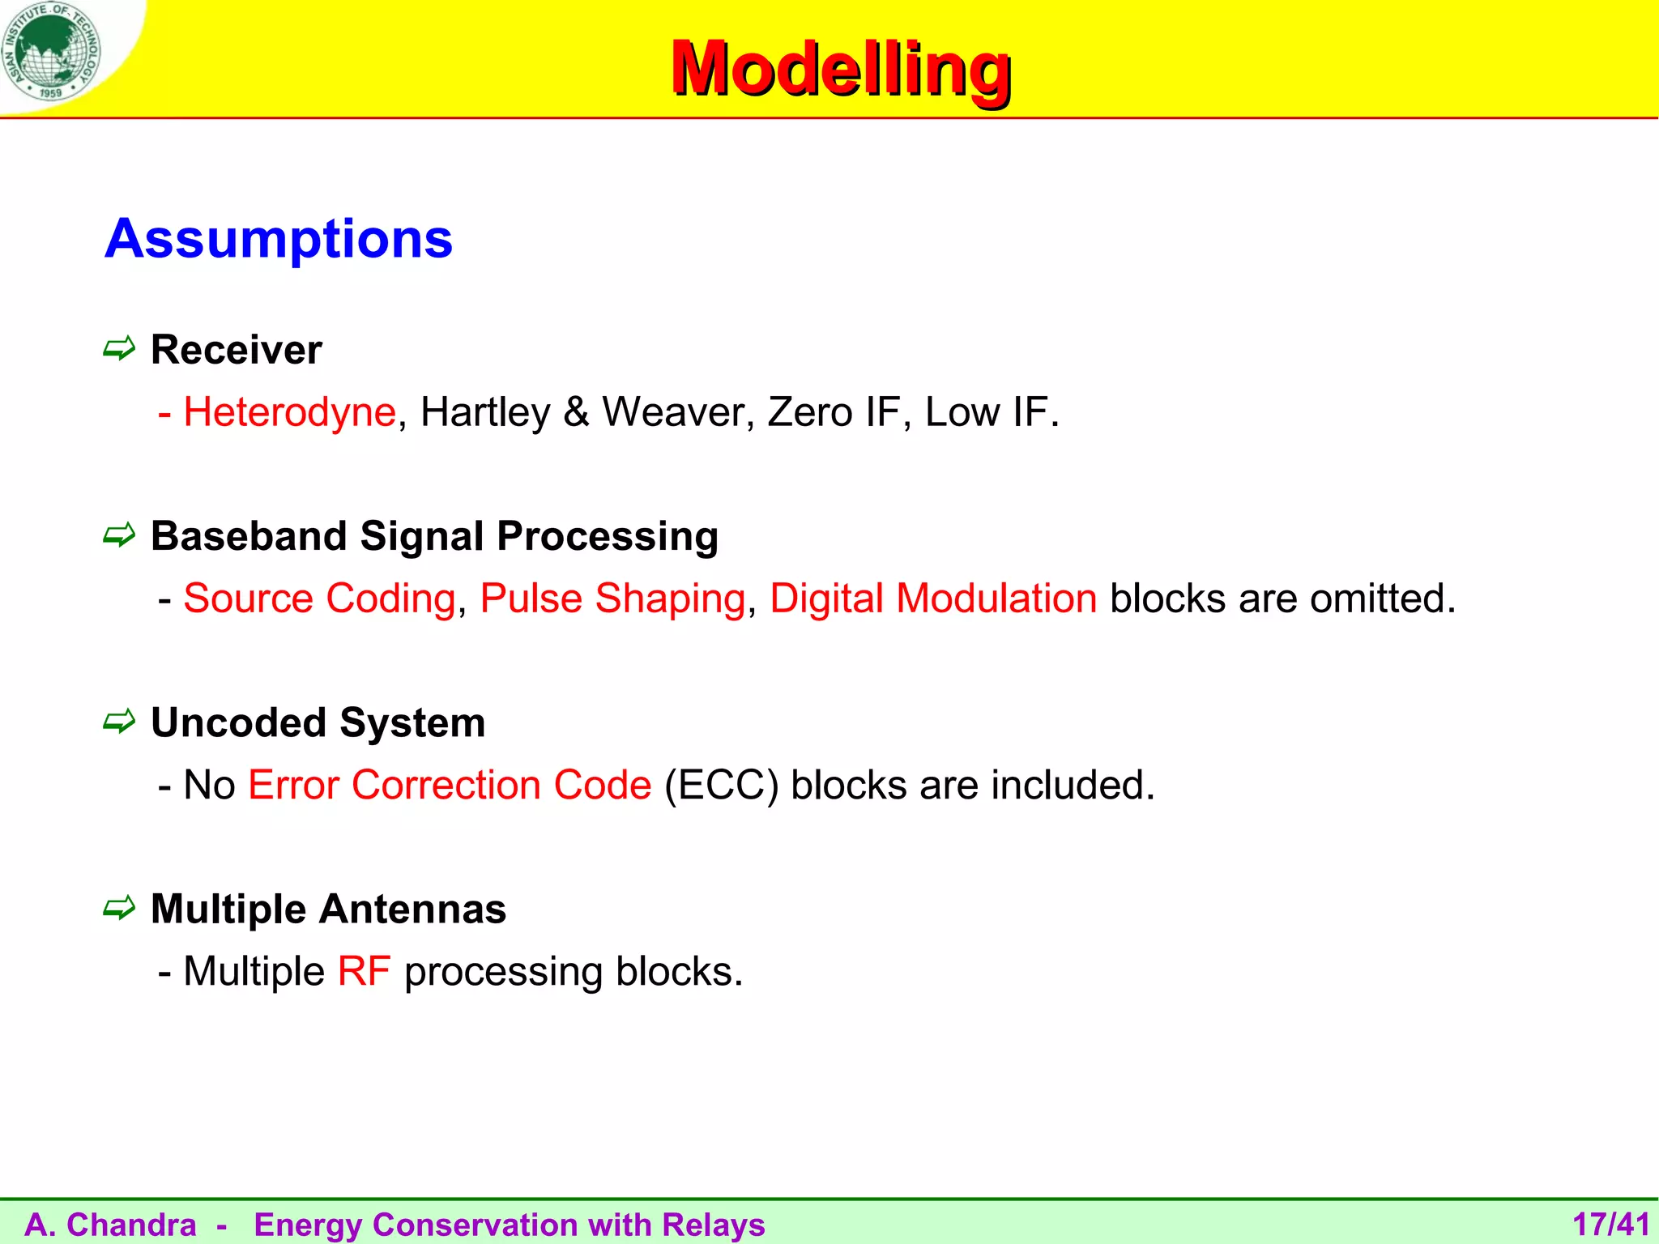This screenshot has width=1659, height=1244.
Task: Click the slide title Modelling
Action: coord(840,70)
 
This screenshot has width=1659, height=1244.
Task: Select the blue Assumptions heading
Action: coord(279,239)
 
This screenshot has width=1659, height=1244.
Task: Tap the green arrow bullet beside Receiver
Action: coord(119,349)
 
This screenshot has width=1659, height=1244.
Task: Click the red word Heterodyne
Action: coord(289,412)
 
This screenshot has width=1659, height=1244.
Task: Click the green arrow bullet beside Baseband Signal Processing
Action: coord(119,535)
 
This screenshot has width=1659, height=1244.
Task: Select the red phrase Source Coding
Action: coord(319,599)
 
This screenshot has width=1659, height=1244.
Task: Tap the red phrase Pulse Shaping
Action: coord(612,599)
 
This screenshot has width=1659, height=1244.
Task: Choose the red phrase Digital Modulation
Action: coord(933,599)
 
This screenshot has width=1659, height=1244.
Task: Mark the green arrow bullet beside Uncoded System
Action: coord(119,722)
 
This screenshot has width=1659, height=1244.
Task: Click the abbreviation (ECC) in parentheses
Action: coord(721,786)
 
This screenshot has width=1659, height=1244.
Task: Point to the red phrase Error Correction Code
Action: coord(450,786)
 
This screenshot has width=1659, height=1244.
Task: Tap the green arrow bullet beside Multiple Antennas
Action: coord(119,908)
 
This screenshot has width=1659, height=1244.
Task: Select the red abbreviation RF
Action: coord(364,971)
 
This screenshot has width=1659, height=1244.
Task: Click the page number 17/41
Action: coord(1610,1225)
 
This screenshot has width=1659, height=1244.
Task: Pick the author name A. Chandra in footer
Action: coord(111,1225)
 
